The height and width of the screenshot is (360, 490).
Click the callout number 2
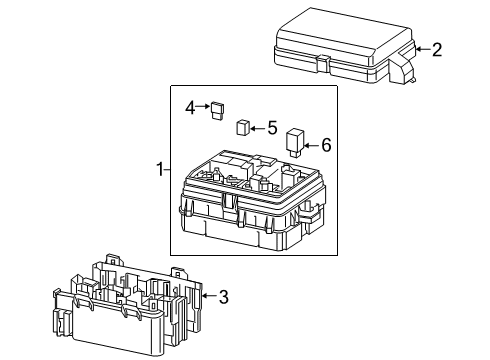(x=436, y=49)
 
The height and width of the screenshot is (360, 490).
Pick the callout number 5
(x=271, y=128)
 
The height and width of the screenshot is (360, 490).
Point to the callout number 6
(x=325, y=145)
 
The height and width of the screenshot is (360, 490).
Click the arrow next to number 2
(x=422, y=49)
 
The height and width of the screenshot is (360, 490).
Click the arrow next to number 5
(x=257, y=128)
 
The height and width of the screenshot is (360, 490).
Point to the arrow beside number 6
(x=311, y=145)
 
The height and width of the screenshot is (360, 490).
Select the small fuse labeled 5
(x=242, y=127)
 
